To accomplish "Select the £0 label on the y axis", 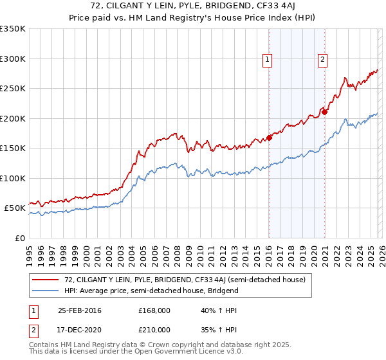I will tap(19, 238).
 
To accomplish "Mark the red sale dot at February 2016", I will tap(270, 137).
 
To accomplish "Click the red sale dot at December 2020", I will tap(325, 112).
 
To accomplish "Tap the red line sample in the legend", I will tap(46, 280).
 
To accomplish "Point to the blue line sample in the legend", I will tap(46, 291).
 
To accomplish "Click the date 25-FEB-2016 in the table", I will tap(80, 310).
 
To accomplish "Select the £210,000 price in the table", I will tap(154, 330).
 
